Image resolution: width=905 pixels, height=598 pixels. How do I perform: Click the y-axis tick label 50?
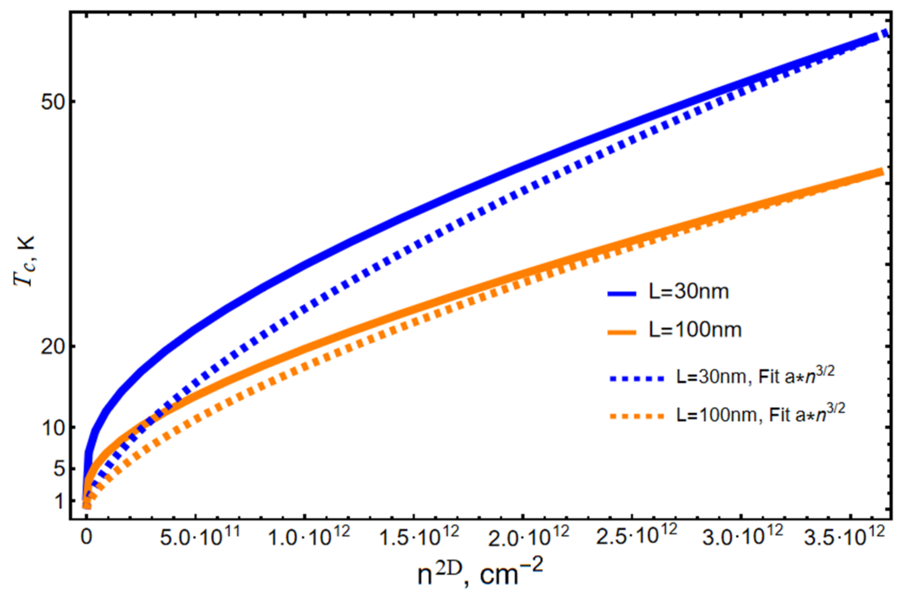(x=53, y=103)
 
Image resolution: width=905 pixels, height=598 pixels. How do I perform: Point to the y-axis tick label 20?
(x=53, y=347)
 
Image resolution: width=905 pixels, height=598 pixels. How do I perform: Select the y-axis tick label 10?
(x=53, y=428)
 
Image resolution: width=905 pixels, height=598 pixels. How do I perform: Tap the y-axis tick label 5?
(x=59, y=469)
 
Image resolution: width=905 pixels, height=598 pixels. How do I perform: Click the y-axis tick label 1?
(x=60, y=501)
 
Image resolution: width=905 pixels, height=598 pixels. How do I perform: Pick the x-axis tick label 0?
(x=86, y=538)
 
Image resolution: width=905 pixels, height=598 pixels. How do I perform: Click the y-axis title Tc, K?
(x=24, y=261)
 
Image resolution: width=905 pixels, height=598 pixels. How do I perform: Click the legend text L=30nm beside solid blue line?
(x=689, y=292)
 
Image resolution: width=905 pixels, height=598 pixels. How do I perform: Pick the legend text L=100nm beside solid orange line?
(x=695, y=330)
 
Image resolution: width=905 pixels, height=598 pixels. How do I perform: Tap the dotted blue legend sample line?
(x=637, y=379)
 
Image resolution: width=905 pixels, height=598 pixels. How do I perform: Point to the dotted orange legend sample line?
(x=637, y=417)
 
